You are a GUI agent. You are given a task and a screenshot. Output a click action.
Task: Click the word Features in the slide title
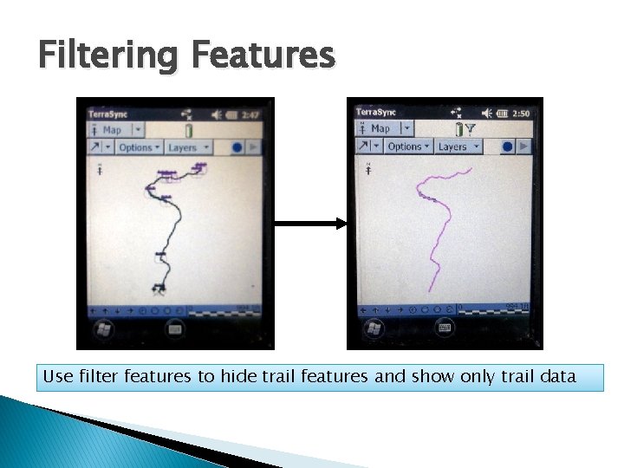[x=263, y=56]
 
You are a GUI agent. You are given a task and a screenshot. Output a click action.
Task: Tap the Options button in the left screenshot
[x=139, y=147]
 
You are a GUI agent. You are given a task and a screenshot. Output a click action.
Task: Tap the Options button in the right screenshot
[x=407, y=146]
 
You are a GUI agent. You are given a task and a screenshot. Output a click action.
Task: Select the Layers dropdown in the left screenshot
[x=185, y=147]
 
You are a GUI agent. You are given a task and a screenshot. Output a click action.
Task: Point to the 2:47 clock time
[x=251, y=114]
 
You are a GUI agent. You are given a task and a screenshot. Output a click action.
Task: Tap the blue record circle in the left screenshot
[x=237, y=147]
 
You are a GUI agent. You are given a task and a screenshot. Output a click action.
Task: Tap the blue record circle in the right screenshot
[x=508, y=146]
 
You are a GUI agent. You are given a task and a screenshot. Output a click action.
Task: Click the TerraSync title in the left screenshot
[x=106, y=114]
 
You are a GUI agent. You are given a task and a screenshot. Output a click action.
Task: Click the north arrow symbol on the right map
[x=369, y=169]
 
